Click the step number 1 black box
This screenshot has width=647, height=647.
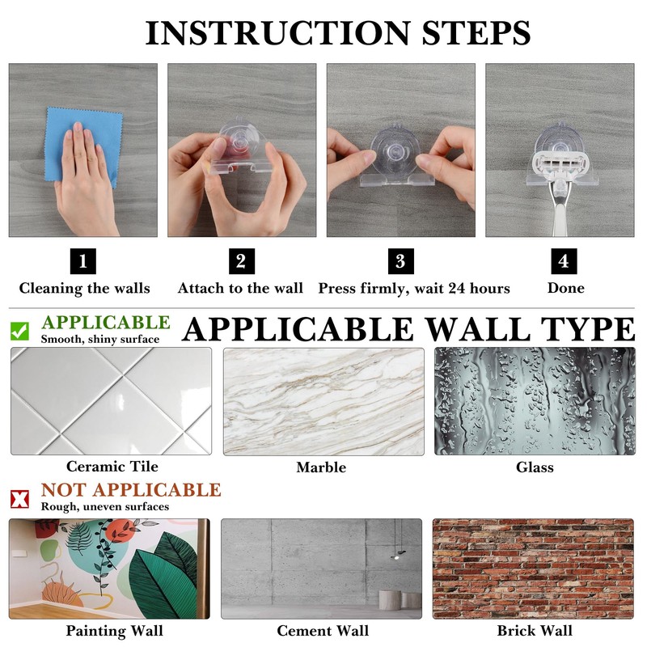83,261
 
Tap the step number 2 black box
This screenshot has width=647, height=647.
242,261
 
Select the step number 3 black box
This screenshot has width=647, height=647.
400,261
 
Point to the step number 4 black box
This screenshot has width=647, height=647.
564,261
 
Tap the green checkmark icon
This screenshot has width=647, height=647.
19,332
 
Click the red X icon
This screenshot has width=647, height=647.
19,499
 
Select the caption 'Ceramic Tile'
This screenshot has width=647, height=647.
112,467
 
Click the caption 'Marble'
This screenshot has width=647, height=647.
321,467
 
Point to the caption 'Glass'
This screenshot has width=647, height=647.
535,467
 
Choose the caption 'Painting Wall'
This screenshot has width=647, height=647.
114,631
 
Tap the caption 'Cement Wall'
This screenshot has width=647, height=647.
323,631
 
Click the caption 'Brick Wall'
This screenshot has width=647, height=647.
535,631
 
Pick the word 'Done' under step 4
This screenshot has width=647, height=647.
565,288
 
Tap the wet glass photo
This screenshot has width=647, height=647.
535,401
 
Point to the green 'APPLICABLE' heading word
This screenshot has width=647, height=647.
106,322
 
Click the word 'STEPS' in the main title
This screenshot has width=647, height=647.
476,33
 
